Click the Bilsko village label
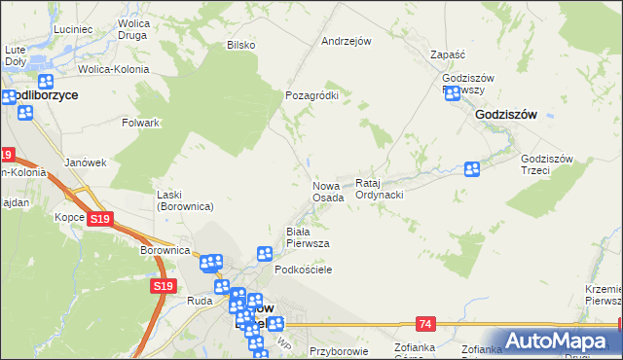(240, 45)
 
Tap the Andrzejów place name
(348, 42)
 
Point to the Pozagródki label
(311, 96)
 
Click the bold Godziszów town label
(506, 114)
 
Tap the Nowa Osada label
(328, 192)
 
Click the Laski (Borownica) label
(185, 200)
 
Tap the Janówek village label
(84, 162)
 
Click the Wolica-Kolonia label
(114, 70)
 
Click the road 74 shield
(423, 322)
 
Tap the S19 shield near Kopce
(98, 220)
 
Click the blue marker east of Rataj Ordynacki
(472, 169)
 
